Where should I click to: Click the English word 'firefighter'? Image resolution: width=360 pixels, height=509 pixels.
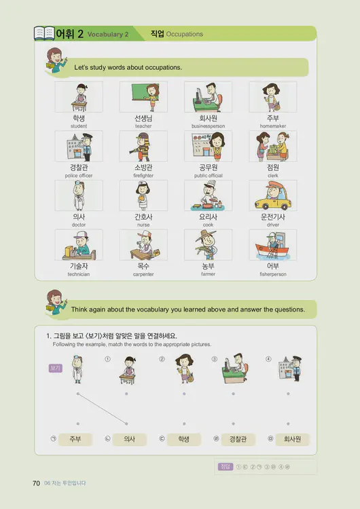coord(143,175)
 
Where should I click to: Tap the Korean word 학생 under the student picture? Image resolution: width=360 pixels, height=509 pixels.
coord(79,118)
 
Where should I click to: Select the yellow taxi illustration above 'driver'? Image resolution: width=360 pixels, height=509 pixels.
coord(272,196)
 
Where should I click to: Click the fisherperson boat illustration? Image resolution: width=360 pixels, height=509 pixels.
coord(272,245)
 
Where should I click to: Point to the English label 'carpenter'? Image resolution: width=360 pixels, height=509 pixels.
coord(143,274)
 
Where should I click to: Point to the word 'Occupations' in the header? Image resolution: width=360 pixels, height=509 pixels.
coord(184,34)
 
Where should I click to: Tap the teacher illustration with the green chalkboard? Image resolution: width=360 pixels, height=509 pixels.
coord(143,97)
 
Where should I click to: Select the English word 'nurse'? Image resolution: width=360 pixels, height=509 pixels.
coord(143,225)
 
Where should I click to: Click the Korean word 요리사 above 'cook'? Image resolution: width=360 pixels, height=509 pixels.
coord(208,216)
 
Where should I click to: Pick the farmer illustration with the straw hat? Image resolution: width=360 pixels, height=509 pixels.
coord(208,245)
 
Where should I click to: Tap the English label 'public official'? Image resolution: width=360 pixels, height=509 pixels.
coord(208,175)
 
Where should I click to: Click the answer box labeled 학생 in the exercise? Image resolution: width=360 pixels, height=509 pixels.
coord(183,439)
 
